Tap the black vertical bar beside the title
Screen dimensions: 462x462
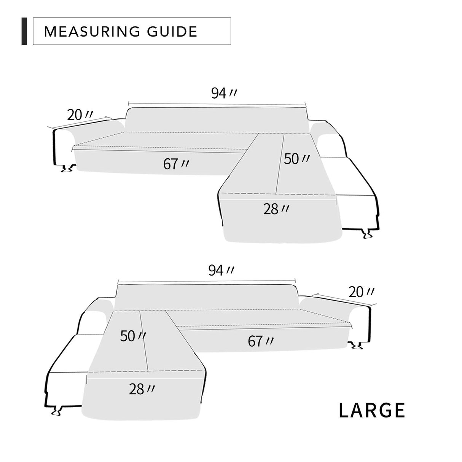(24, 31)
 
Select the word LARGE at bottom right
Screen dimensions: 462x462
(372, 410)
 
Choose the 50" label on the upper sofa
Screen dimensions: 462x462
(297, 159)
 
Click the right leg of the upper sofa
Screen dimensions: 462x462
(367, 233)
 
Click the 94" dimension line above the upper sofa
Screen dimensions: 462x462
(217, 104)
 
